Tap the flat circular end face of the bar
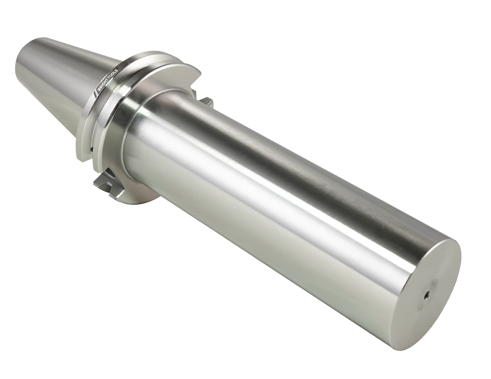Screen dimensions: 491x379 [426, 290]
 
